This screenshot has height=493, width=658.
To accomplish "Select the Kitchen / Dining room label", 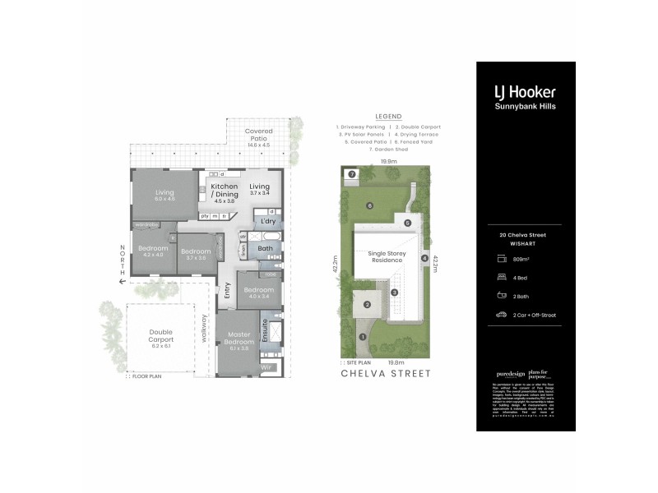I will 225,190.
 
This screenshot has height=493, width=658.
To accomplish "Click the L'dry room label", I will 267,222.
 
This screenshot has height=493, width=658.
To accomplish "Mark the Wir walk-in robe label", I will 266,367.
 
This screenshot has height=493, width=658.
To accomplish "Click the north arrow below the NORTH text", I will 121,282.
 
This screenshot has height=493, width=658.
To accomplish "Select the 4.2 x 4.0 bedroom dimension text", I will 153,254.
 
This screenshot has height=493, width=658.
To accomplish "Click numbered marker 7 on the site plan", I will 350,174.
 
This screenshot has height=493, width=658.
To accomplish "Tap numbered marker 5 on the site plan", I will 406,223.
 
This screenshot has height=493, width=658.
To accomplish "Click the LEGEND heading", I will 387,117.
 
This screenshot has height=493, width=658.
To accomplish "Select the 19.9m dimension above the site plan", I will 389,162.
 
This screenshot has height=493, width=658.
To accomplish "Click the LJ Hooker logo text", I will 525,92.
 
